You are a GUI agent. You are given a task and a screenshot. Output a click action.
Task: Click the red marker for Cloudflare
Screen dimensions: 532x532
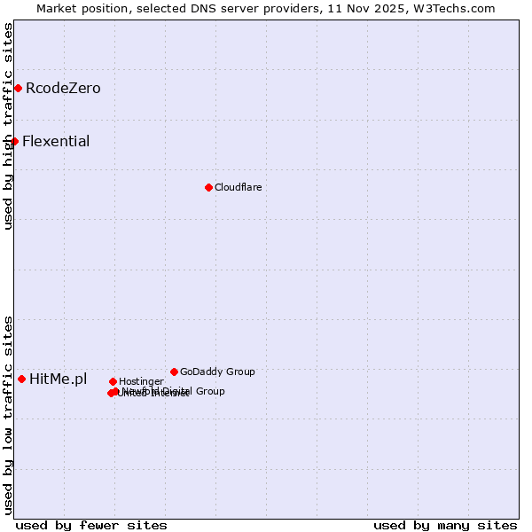pyautogui.click(x=208, y=187)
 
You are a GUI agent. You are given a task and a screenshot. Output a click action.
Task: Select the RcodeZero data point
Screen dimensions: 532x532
pyautogui.click(x=18, y=88)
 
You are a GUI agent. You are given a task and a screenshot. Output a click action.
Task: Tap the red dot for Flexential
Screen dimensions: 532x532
pyautogui.click(x=14, y=141)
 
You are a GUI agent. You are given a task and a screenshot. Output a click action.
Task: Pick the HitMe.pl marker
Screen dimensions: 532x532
pyautogui.click(x=21, y=379)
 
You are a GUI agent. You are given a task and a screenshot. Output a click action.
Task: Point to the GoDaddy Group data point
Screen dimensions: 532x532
pyautogui.click(x=174, y=372)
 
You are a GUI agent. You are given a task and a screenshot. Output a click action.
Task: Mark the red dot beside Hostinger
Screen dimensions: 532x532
pyautogui.click(x=113, y=381)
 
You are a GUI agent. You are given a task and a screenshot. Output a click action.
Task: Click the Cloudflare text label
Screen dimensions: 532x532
pyautogui.click(x=238, y=187)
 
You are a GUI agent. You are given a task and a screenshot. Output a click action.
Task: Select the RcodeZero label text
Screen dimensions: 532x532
pyautogui.click(x=63, y=88)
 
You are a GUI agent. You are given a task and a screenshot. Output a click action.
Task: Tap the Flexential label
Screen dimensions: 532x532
pyautogui.click(x=56, y=141)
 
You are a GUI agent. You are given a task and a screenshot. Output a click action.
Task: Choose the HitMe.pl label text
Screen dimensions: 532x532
pyautogui.click(x=59, y=379)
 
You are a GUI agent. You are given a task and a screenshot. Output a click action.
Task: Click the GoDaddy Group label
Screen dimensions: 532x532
pyautogui.click(x=217, y=372)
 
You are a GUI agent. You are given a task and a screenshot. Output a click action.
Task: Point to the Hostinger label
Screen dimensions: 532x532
pyautogui.click(x=141, y=381)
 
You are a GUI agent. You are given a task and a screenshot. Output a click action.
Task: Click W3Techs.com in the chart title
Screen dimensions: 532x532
pyautogui.click(x=450, y=9)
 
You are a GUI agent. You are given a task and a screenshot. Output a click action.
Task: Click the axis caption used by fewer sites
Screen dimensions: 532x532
pyautogui.click(x=91, y=525)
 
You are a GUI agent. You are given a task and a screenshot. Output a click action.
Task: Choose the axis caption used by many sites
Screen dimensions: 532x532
pyautogui.click(x=445, y=525)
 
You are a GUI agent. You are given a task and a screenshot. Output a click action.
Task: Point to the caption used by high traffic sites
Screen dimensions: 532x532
pyautogui.click(x=8, y=126)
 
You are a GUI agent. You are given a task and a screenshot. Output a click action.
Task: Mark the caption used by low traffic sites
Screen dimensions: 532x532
pyautogui.click(x=8, y=415)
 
